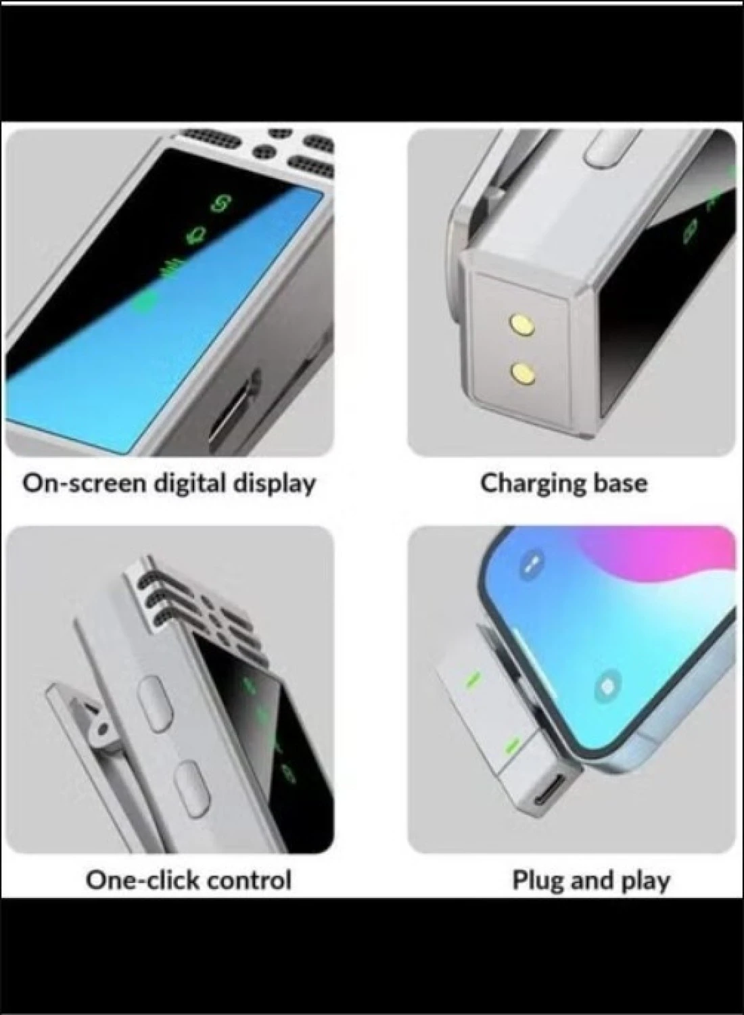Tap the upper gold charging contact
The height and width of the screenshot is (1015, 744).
[521, 323]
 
